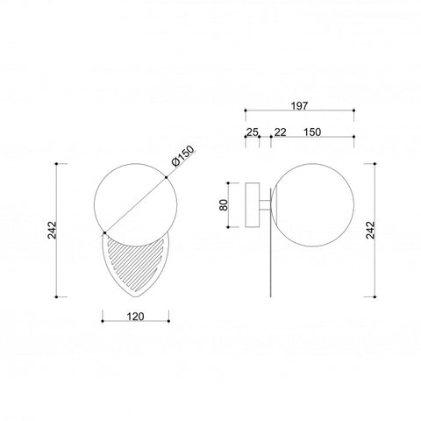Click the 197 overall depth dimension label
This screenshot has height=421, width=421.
point(299,105)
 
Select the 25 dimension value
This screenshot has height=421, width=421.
point(253,132)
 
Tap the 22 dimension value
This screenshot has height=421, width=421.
point(281,132)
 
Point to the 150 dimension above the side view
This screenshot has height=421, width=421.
point(312,132)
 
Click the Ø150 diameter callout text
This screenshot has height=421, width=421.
point(183,156)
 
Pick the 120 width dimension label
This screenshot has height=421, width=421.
point(135,317)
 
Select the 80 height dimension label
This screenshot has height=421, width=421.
point(224,205)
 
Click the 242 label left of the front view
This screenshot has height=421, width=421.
point(52,230)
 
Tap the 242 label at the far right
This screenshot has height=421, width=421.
point(370,230)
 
